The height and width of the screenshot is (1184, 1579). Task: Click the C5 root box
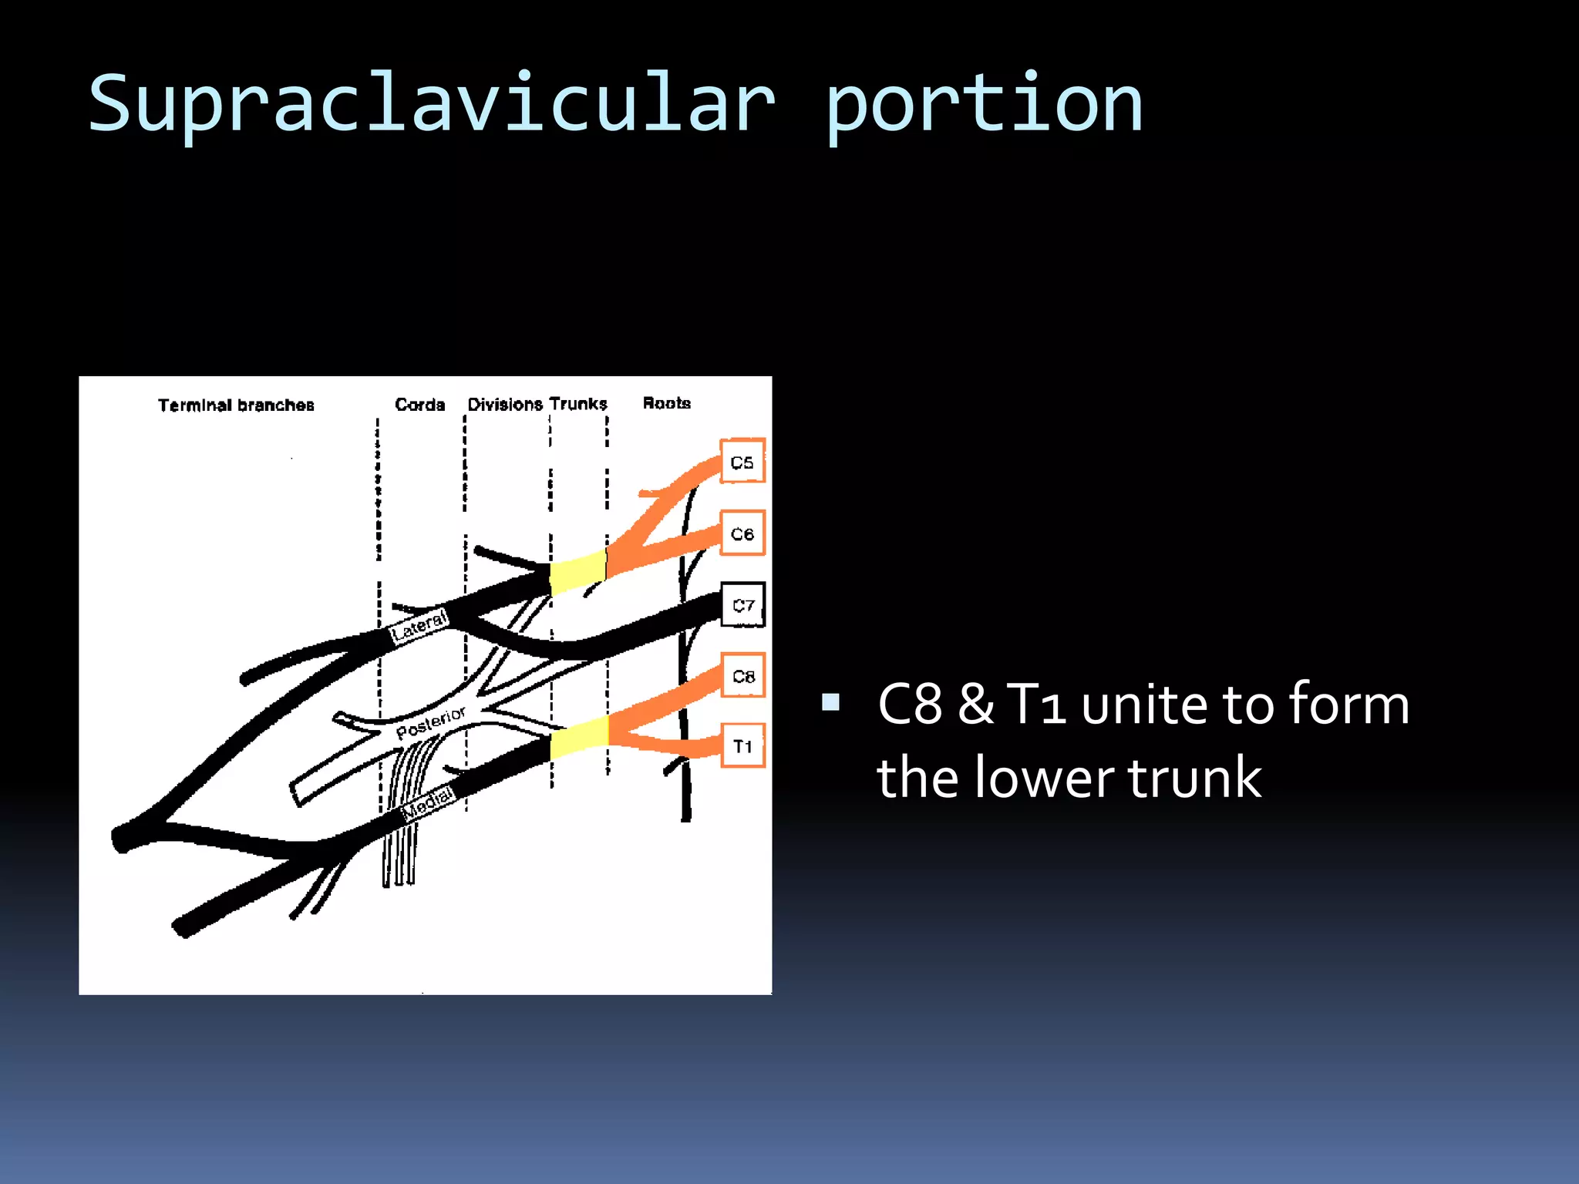point(742,461)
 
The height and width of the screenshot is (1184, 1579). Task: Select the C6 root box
point(742,533)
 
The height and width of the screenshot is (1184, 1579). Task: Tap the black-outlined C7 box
point(742,604)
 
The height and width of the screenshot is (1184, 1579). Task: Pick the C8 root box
point(742,675)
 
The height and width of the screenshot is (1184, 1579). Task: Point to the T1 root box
point(742,745)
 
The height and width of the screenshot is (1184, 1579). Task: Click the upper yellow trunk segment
point(578,573)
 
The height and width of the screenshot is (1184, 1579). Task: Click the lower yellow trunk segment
point(580,738)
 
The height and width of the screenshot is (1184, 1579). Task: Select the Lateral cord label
point(419,626)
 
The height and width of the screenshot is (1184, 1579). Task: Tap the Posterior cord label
point(430,722)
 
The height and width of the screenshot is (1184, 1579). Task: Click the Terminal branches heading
point(236,405)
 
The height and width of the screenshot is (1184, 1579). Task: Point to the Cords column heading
point(419,404)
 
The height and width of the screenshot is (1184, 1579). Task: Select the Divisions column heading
point(505,404)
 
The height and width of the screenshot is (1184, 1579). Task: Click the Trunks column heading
point(578,403)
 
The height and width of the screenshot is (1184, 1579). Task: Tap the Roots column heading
point(666,402)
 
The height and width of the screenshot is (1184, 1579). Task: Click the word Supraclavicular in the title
point(432,104)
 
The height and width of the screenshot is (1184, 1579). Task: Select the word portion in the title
point(983,104)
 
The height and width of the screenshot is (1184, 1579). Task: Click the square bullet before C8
point(830,701)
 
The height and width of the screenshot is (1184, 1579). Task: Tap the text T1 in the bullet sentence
point(1037,704)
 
